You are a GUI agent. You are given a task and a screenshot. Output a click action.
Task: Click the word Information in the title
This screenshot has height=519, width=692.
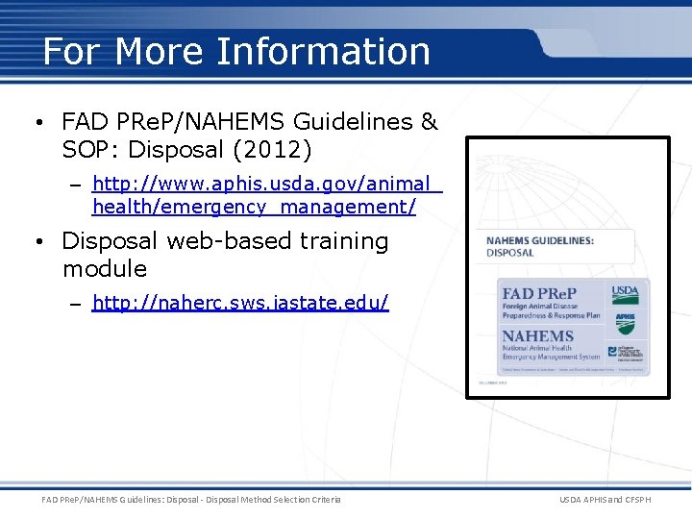click(x=324, y=51)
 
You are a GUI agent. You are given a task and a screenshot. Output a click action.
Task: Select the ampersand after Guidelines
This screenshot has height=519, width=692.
click(x=429, y=122)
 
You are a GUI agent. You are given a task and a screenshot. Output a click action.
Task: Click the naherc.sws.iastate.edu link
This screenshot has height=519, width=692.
click(x=240, y=304)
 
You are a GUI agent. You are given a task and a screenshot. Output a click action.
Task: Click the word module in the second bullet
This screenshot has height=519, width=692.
click(x=105, y=268)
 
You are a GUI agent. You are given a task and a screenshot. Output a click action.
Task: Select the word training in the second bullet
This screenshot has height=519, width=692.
click(x=343, y=241)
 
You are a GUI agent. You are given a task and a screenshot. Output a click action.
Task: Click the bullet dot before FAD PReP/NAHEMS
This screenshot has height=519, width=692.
click(x=34, y=123)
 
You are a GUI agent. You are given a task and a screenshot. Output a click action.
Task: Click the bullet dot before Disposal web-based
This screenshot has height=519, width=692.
click(x=34, y=242)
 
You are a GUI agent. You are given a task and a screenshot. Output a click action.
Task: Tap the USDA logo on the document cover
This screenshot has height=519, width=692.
click(x=626, y=294)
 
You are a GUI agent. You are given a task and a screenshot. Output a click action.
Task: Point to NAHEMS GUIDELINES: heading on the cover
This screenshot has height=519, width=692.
click(x=538, y=241)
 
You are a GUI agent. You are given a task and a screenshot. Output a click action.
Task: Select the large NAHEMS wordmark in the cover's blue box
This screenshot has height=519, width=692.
click(x=538, y=336)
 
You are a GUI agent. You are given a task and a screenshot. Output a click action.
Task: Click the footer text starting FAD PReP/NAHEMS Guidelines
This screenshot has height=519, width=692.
click(x=191, y=499)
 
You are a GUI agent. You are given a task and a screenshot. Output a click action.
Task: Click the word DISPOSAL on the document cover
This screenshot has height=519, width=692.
click(x=510, y=254)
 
